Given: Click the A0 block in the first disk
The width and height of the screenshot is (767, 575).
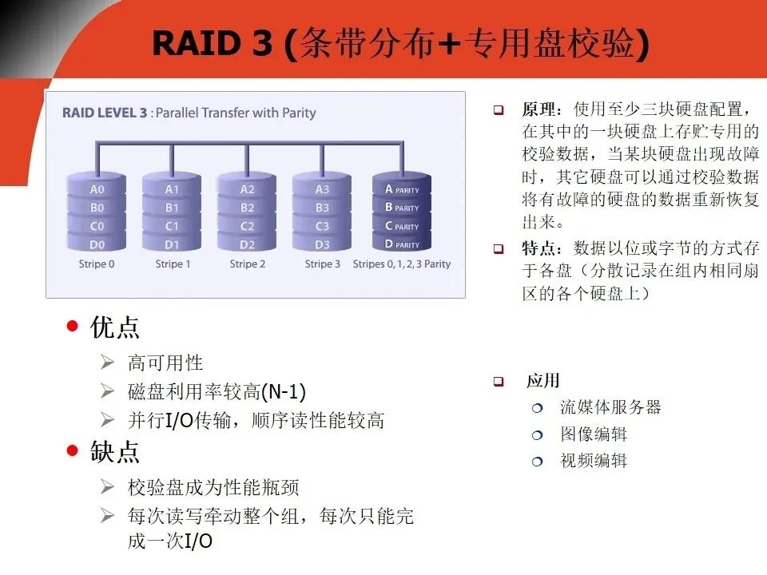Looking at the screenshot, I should tap(97, 189).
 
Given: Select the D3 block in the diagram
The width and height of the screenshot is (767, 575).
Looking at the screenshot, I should tap(322, 244).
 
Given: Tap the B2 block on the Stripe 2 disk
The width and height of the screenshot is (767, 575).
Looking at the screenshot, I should tap(247, 208).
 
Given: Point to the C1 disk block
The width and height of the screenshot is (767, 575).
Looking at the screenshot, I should tap(172, 226).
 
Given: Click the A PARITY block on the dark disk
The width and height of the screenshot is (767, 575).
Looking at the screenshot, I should tap(402, 189).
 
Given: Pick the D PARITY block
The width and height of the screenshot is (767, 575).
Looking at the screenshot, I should tap(402, 244).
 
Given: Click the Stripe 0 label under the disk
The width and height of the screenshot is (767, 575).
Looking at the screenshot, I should tap(97, 264).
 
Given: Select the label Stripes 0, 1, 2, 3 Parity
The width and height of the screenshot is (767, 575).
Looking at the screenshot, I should tap(402, 264).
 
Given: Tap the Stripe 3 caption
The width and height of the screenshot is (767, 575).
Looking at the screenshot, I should tap(322, 264).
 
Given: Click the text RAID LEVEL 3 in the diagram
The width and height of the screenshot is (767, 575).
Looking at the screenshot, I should tap(105, 113).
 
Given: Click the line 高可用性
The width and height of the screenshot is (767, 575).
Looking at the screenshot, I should tap(165, 363).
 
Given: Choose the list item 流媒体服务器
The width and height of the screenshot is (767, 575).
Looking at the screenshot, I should tap(610, 407).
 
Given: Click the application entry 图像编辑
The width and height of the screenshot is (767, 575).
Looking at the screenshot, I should tap(593, 434).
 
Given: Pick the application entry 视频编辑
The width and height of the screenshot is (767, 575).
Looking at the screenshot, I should tap(593, 460).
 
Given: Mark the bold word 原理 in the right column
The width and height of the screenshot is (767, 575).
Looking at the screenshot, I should tap(540, 109).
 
